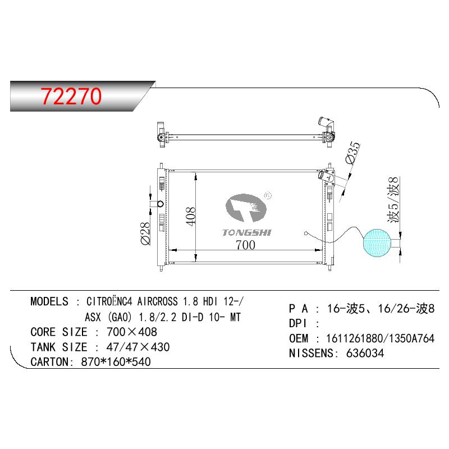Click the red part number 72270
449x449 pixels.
pyautogui.click(x=71, y=96)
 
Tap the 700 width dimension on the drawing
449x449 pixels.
pyautogui.click(x=245, y=245)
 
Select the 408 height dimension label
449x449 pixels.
pyautogui.click(x=191, y=216)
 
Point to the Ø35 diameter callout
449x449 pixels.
pyautogui.click(x=352, y=153)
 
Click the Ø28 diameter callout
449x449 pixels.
pyautogui.click(x=145, y=233)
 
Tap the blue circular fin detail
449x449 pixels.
pyautogui.click(x=377, y=243)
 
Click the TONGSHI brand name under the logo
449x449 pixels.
pyautogui.click(x=246, y=232)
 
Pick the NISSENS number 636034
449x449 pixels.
pyautogui.click(x=365, y=353)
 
